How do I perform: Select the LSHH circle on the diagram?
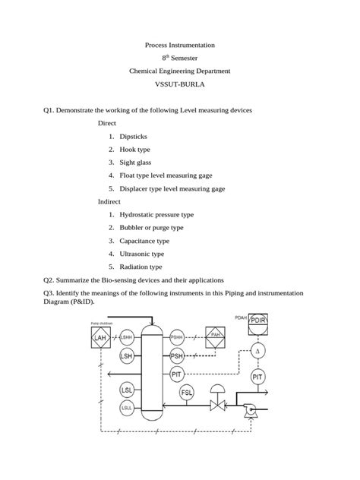coord(127,336)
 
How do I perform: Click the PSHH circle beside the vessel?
coord(177,336)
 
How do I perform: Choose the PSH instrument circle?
coord(177,355)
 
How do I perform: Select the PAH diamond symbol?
coord(216,336)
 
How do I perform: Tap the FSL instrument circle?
coord(187,393)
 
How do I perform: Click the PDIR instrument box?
coord(257,321)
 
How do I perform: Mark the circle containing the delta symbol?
coord(257,351)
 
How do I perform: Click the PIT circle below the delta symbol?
coord(257,376)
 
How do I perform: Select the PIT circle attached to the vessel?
coord(177,374)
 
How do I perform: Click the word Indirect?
coord(109,201)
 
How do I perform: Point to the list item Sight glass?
coord(135,162)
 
